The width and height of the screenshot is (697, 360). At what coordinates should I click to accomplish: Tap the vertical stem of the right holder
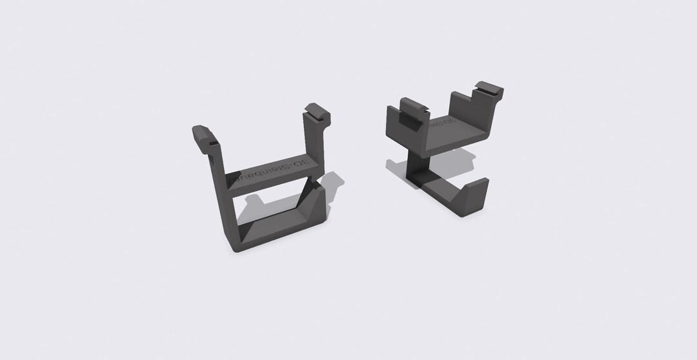(x=414, y=166)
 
